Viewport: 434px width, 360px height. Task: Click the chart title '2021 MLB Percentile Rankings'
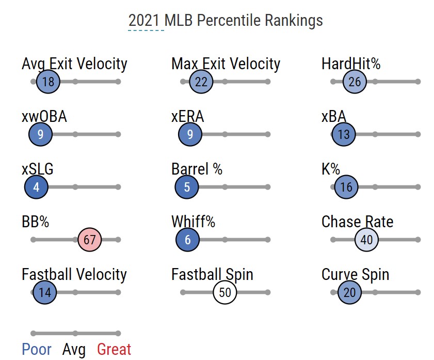pyautogui.click(x=226, y=20)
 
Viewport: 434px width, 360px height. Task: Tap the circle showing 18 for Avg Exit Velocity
pyautogui.click(x=49, y=82)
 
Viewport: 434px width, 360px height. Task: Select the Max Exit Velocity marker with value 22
pyautogui.click(x=201, y=82)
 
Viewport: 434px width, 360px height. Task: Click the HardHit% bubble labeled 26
pyautogui.click(x=355, y=82)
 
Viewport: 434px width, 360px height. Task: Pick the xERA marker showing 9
pyautogui.click(x=190, y=134)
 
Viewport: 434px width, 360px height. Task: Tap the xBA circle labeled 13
pyautogui.click(x=344, y=134)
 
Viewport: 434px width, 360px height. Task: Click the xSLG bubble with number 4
pyautogui.click(x=36, y=187)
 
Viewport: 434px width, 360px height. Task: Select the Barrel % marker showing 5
pyautogui.click(x=187, y=187)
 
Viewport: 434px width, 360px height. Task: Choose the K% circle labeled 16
pyautogui.click(x=346, y=187)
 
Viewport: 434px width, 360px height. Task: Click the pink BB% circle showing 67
pyautogui.click(x=90, y=240)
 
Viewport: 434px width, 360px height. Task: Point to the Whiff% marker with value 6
pyautogui.click(x=188, y=240)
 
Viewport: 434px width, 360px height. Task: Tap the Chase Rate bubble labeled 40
pyautogui.click(x=367, y=240)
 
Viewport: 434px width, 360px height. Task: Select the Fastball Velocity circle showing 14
pyautogui.click(x=45, y=292)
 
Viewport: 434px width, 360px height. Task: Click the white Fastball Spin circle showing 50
pyautogui.click(x=225, y=292)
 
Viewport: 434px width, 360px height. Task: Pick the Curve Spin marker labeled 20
pyautogui.click(x=349, y=292)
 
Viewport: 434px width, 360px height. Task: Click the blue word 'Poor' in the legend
pyautogui.click(x=37, y=350)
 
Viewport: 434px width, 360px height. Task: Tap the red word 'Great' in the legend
pyautogui.click(x=114, y=350)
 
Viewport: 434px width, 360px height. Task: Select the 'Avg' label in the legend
pyautogui.click(x=74, y=350)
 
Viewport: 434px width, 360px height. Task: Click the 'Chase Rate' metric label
pyautogui.click(x=357, y=222)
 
